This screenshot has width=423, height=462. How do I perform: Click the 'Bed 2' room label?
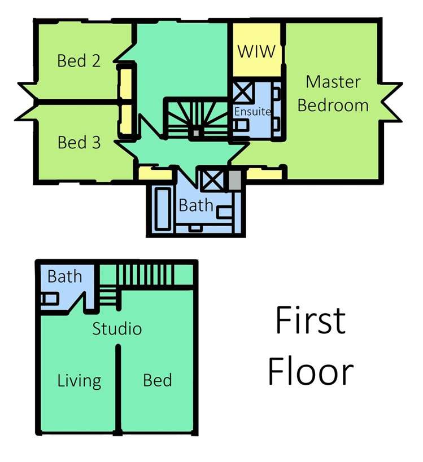pos(79,61)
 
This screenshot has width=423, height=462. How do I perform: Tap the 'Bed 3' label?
pos(79,142)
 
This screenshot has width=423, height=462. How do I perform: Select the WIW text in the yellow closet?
pos(256,51)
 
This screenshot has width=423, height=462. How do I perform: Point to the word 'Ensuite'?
pos(252,111)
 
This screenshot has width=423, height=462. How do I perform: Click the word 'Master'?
pos(333,82)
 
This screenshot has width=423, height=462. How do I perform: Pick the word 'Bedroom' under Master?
pos(333,105)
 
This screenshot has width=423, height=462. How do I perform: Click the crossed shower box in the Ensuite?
pos(243,92)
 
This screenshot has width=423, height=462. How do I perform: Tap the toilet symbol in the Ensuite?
pos(240,125)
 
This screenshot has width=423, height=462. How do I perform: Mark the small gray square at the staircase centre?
pos(196,133)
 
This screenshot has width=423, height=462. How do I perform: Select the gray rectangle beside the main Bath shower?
pos(235,180)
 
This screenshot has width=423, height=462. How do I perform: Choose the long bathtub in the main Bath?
pos(163,209)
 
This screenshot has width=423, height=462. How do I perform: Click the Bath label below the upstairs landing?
pos(196,205)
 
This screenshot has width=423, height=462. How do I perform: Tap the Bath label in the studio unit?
pos(64,276)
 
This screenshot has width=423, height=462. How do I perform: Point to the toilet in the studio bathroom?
pos(49,298)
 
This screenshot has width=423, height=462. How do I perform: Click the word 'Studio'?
pos(117,328)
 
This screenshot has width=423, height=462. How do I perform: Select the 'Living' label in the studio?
pos(80,381)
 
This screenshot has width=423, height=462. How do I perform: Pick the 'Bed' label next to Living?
pos(158,380)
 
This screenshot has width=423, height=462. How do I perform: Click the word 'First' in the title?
pos(311,320)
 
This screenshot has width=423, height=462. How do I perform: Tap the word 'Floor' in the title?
pos(311,371)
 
